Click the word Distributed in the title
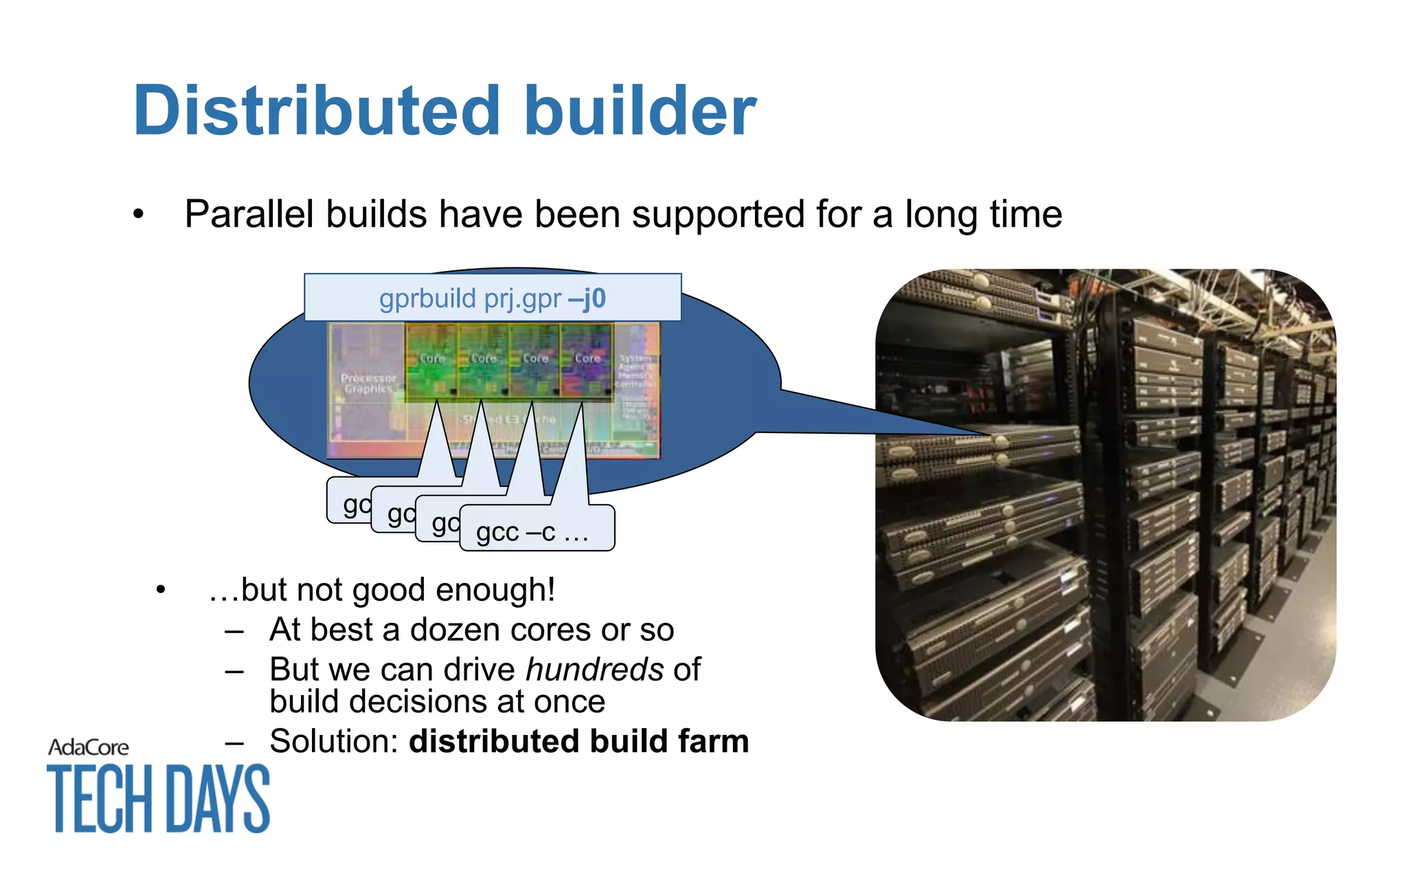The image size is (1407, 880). coord(316,111)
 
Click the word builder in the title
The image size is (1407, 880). coord(640,111)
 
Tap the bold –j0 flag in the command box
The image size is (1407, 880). coord(587,298)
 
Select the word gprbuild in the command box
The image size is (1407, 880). coord(427,299)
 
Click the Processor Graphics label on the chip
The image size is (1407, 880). coord(368,384)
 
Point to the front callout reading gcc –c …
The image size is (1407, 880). coord(533,531)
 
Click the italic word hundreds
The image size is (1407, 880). coord(594,669)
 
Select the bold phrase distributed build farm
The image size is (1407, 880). coord(578,741)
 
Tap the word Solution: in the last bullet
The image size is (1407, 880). coord(334,741)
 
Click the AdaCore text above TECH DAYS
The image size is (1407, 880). coord(89,747)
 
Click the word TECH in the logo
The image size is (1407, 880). coord(99,799)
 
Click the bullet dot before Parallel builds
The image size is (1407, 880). coord(139,214)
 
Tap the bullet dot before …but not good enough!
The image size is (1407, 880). coord(161,590)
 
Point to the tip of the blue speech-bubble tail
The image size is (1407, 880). coord(989,434)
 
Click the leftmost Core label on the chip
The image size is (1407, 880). coord(432,358)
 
